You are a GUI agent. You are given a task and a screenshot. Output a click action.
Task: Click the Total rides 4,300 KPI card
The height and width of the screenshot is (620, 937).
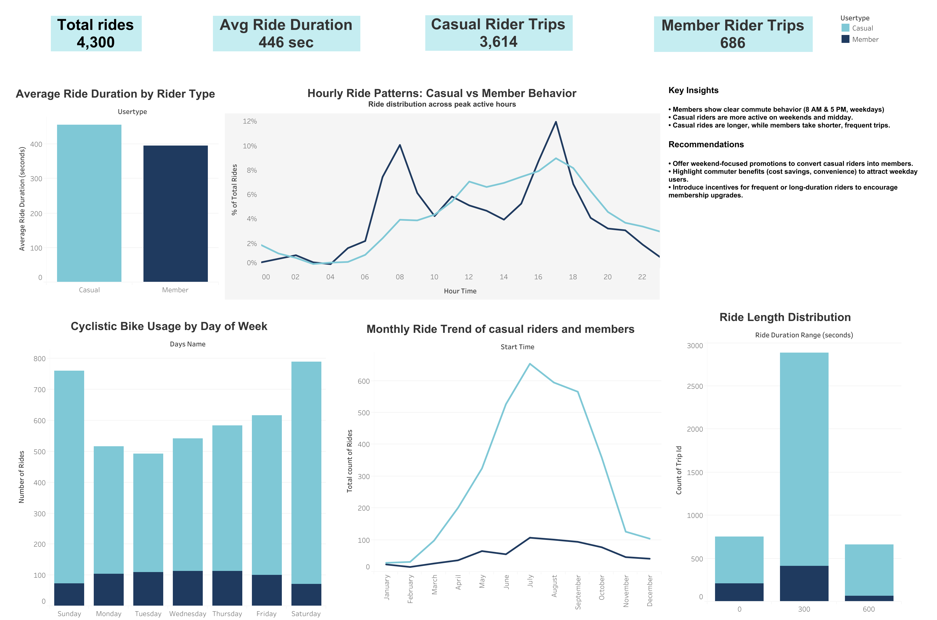(x=96, y=34)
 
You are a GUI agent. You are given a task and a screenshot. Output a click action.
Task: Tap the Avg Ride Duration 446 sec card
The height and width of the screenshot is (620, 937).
(x=286, y=34)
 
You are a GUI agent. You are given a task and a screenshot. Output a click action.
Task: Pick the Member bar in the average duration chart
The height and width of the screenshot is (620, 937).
(x=175, y=214)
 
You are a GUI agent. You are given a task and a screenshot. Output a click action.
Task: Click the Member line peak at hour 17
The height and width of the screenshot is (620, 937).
(x=555, y=122)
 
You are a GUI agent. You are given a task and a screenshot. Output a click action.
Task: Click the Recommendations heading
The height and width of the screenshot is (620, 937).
(x=705, y=144)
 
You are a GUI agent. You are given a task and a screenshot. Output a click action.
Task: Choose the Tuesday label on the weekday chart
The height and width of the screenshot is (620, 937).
(x=148, y=613)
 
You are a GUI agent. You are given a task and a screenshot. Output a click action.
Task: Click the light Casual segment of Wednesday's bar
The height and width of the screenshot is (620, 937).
(x=188, y=504)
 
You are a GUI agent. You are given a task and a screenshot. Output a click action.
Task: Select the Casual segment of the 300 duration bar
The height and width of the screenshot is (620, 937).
(x=804, y=459)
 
